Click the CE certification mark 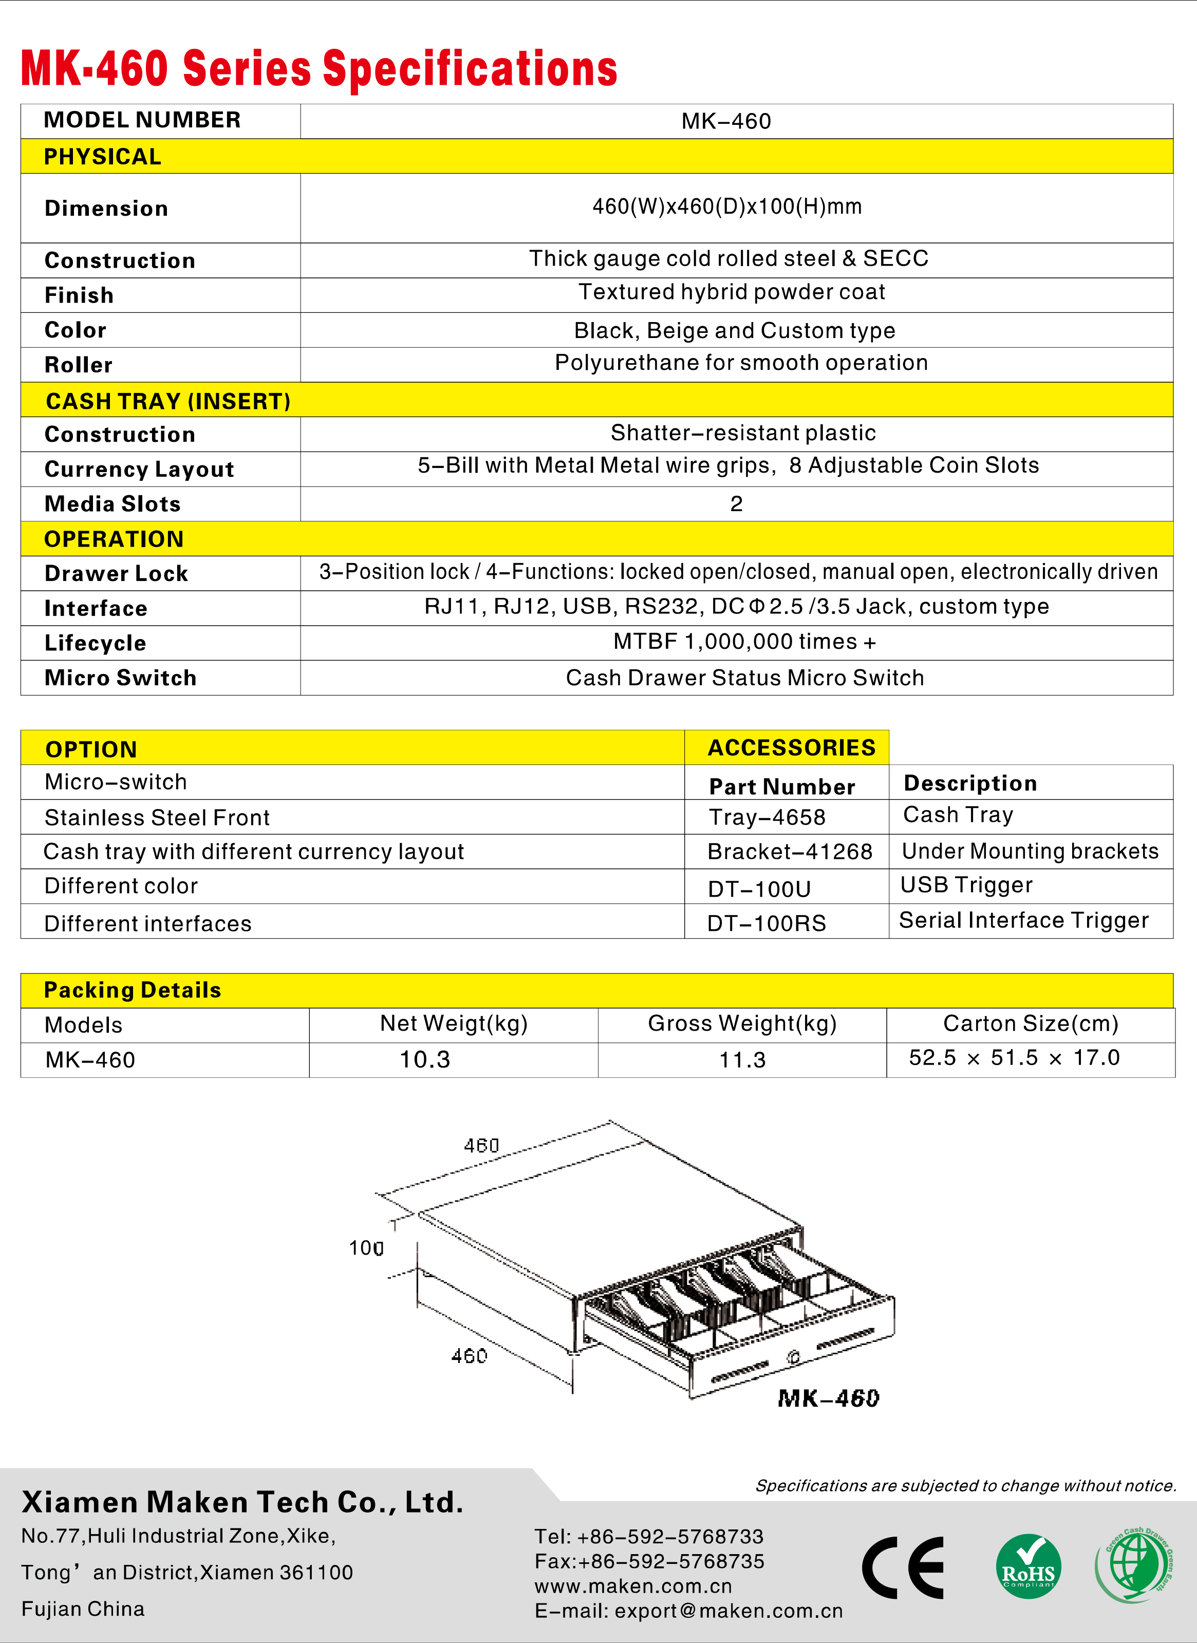[x=903, y=1567]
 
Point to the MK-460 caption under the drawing [x=828, y=1398]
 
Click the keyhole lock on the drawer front [x=793, y=1357]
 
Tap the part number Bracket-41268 [x=790, y=851]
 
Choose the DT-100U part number [x=759, y=889]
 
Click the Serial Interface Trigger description [x=1023, y=920]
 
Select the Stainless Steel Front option [x=157, y=818]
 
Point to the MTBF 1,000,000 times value [x=744, y=642]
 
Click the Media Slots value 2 [x=736, y=503]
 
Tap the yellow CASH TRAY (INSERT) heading [x=168, y=401]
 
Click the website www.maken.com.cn [x=633, y=1586]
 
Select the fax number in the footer [x=649, y=1561]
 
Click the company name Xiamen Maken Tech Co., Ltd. [x=242, y=1502]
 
